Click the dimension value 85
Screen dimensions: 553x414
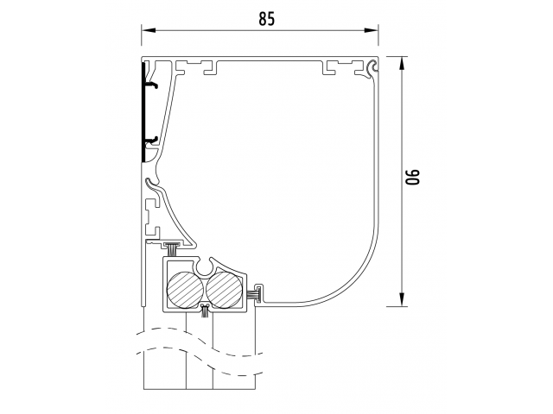click(x=266, y=19)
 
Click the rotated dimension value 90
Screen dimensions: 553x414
click(x=412, y=177)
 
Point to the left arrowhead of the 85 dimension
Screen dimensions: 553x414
click(x=149, y=30)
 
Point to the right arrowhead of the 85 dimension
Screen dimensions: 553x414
click(x=371, y=30)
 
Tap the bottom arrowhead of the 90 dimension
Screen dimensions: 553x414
click(x=401, y=299)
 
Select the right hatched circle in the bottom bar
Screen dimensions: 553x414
click(x=225, y=290)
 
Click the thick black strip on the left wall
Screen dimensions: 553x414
click(x=143, y=112)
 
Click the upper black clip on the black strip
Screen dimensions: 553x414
click(x=150, y=85)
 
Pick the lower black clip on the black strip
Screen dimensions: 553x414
click(x=150, y=141)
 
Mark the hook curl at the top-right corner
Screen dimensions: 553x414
click(x=372, y=67)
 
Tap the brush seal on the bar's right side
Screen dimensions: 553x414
click(x=256, y=294)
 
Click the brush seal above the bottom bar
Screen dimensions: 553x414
click(x=172, y=249)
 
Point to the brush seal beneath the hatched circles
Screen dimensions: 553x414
click(x=204, y=310)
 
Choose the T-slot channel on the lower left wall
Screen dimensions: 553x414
click(x=151, y=217)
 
